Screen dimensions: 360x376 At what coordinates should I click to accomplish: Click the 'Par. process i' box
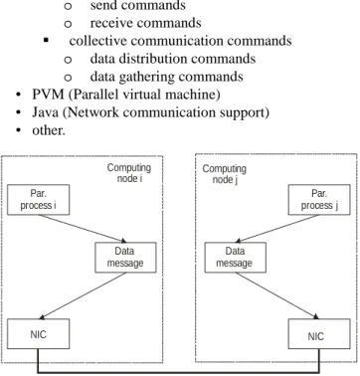[x=39, y=200]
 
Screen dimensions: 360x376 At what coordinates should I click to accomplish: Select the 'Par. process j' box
[x=319, y=200]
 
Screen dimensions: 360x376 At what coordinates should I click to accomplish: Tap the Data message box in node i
[x=125, y=258]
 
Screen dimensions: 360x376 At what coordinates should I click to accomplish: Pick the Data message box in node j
[x=235, y=258]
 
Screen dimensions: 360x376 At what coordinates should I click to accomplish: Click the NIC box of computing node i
[x=39, y=334]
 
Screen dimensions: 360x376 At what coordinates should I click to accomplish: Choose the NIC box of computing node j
[x=319, y=334]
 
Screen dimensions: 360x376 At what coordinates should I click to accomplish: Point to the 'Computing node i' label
[x=129, y=173]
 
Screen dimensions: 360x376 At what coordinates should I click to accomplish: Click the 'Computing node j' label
[x=225, y=174]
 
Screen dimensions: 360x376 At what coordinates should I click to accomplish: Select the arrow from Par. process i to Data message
[x=83, y=229]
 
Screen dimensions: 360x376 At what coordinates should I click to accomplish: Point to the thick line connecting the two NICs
[x=179, y=373]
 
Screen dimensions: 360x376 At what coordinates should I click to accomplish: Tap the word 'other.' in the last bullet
[x=49, y=130]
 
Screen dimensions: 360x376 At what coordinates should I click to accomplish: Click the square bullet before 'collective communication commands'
[x=47, y=41]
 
